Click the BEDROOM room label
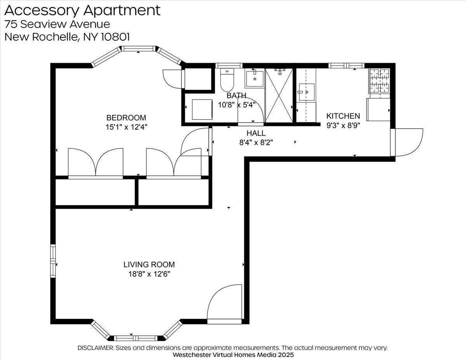tap(126, 118)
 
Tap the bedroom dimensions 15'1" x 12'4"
tap(126, 127)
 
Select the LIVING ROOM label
tap(149, 264)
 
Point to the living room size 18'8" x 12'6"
tap(149, 274)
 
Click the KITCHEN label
tap(343, 116)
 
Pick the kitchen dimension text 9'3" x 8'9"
tap(343, 125)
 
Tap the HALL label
tap(256, 133)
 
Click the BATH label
tap(236, 95)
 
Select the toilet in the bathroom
tap(227, 80)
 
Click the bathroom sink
tap(254, 79)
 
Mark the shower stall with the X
tap(279, 96)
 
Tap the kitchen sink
tap(307, 92)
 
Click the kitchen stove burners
tap(379, 81)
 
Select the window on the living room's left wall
tap(53, 261)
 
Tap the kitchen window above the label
tap(346, 65)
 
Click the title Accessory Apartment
tap(82, 10)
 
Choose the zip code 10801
tap(115, 37)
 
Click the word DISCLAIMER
tap(96, 348)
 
